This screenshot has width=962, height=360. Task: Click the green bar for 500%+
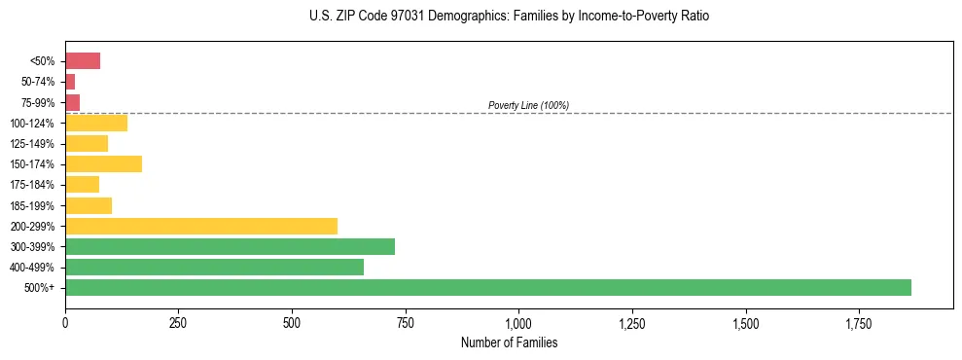click(x=487, y=287)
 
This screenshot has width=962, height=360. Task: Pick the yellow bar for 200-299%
click(x=201, y=226)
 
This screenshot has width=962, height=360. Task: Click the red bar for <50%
click(x=83, y=61)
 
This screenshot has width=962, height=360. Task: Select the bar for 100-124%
click(x=96, y=123)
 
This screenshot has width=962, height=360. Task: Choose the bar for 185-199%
click(x=89, y=205)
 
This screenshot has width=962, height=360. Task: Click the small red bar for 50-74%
click(x=70, y=82)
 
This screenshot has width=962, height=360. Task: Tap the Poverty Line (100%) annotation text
click(x=528, y=105)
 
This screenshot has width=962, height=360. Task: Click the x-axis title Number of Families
click(x=509, y=343)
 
